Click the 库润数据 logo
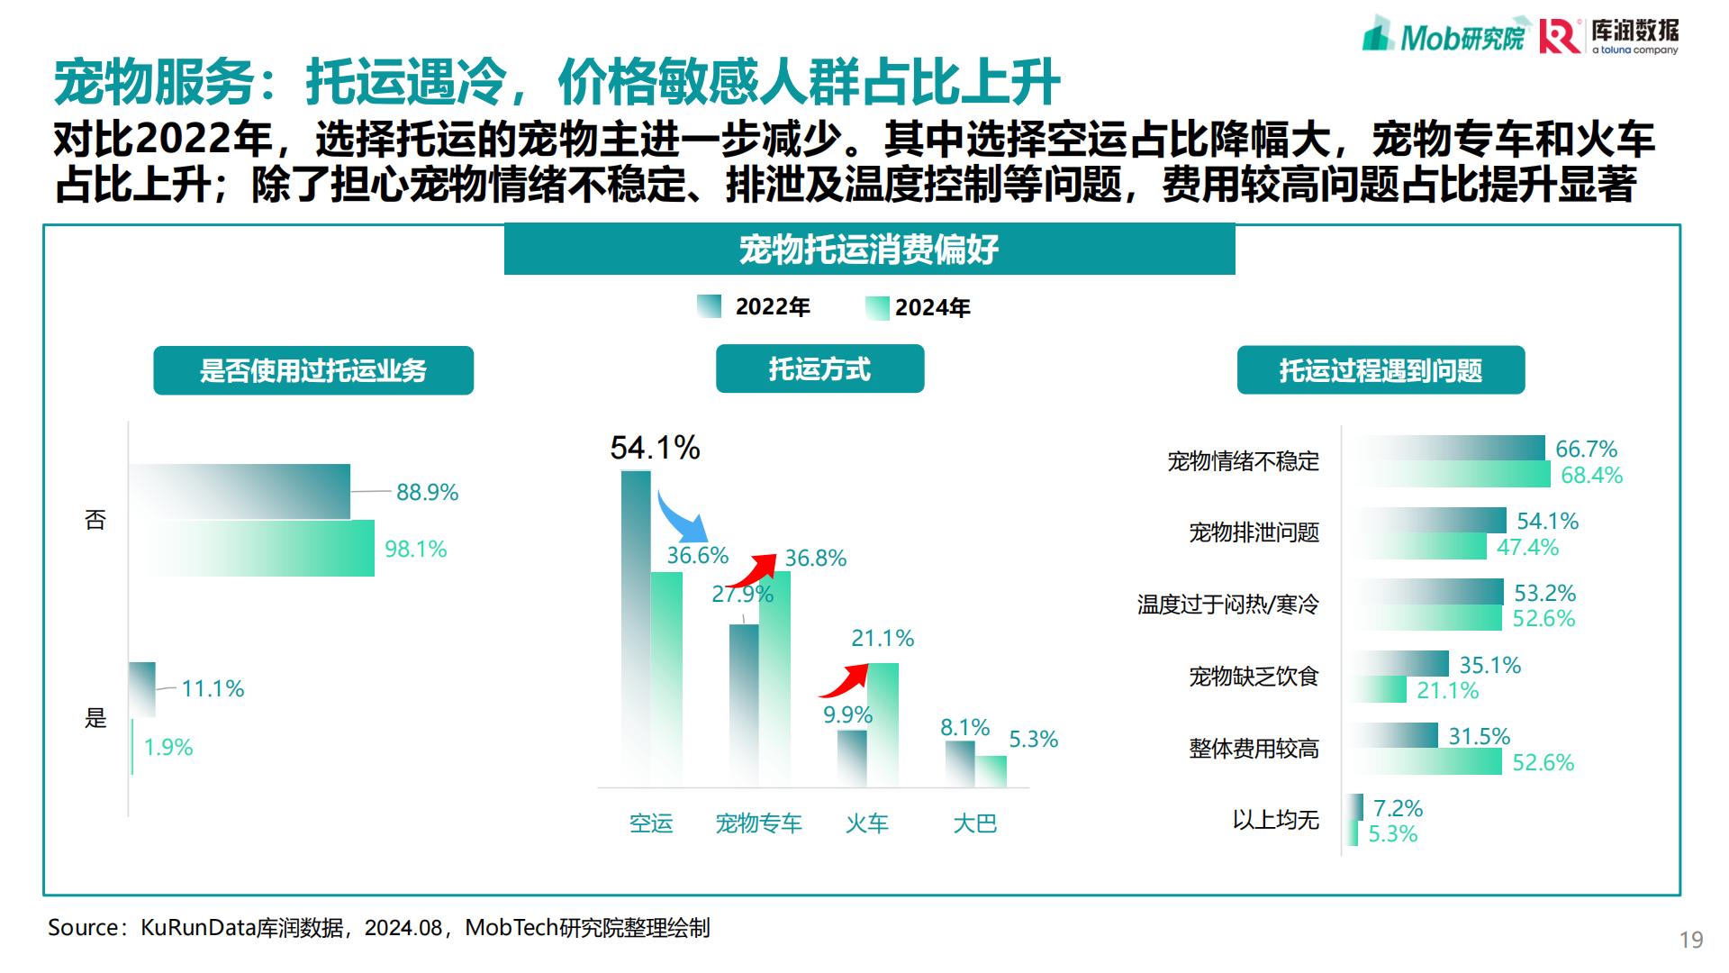tap(1609, 35)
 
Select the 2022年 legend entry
tap(755, 307)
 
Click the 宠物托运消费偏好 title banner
tap(869, 250)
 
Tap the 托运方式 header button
tap(819, 369)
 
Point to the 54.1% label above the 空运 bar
tap(655, 448)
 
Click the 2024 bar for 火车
tap(883, 724)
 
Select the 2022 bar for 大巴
tap(960, 763)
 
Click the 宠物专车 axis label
tap(758, 823)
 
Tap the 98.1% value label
tap(415, 550)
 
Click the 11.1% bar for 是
tap(142, 689)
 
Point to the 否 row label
tap(95, 520)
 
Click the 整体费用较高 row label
tap(1254, 749)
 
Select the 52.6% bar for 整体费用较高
tap(1427, 762)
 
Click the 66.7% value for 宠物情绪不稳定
tap(1586, 449)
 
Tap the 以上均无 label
tap(1275, 820)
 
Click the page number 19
tap(1690, 940)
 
